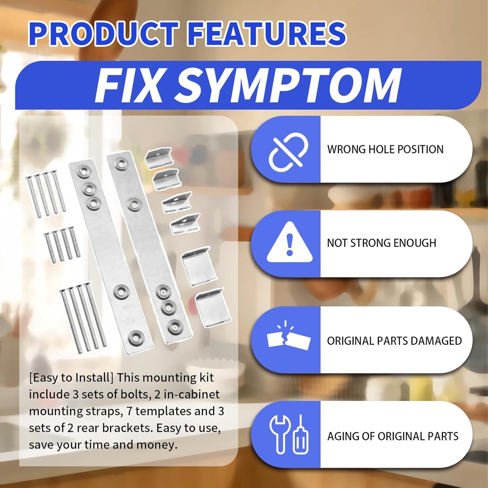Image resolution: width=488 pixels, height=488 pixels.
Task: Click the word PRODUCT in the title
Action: point(103,34)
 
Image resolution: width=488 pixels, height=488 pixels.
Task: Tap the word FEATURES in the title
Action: point(267,34)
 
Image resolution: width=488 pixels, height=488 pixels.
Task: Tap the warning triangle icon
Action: point(289,243)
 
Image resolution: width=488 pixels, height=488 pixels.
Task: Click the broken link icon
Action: point(288,152)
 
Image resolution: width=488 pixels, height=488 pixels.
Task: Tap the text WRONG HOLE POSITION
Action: point(385,149)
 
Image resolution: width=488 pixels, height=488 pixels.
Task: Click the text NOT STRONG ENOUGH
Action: point(382,243)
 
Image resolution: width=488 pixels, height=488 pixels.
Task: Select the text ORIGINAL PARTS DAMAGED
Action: point(394,341)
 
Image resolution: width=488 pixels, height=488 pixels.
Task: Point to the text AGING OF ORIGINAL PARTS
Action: point(393,437)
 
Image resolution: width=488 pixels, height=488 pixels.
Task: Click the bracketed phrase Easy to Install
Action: point(71,378)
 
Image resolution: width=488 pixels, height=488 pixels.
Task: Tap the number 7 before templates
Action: point(130,411)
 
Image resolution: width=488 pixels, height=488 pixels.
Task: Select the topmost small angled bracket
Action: point(159,158)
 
